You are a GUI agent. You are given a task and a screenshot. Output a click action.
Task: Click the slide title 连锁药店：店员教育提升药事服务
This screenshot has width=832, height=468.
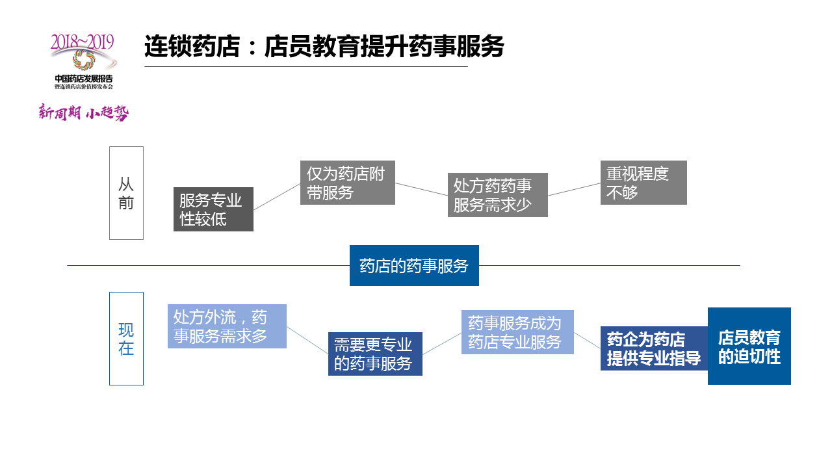click(324, 47)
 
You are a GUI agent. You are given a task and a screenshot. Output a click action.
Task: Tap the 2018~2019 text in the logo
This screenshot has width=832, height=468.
click(83, 42)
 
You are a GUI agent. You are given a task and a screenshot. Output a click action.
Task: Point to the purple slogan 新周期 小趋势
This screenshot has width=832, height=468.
click(83, 112)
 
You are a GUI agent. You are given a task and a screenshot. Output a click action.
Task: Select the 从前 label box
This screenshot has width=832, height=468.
click(126, 193)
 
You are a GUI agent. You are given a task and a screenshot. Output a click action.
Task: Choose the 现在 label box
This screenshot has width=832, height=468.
click(126, 338)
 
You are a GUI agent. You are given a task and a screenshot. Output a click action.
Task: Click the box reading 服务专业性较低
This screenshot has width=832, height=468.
click(213, 209)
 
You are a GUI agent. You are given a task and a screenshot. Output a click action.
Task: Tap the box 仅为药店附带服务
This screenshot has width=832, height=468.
click(347, 183)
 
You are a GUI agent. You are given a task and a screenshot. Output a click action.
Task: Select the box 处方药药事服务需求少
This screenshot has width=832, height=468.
click(498, 195)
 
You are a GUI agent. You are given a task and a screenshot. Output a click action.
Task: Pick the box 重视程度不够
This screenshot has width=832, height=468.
click(643, 183)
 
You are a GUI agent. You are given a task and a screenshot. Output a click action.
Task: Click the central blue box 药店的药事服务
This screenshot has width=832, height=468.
click(414, 265)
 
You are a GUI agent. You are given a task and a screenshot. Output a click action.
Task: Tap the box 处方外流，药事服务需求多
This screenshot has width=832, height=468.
click(227, 326)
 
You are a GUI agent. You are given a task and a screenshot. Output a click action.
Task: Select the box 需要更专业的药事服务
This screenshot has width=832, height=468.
click(375, 354)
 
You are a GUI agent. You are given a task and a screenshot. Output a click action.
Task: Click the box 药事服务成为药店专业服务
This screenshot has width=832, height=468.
click(517, 332)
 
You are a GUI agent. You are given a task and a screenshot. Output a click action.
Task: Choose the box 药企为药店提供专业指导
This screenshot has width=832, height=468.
click(654, 348)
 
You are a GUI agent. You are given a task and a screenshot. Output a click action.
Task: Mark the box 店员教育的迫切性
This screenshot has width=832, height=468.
click(749, 346)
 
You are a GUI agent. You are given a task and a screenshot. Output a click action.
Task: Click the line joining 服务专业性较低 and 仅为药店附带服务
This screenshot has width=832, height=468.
click(277, 196)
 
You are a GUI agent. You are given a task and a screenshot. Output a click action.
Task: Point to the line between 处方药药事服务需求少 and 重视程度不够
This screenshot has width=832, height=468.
click(574, 189)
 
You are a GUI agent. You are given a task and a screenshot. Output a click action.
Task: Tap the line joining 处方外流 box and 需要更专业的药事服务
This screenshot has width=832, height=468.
click(307, 340)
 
